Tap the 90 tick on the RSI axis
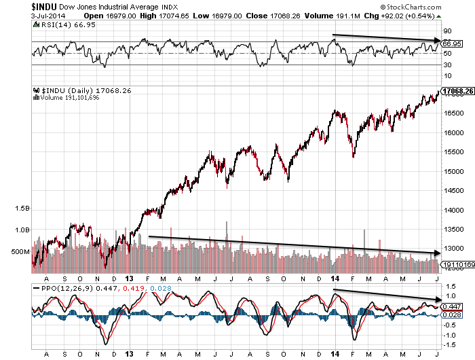pyautogui.click(x=448, y=31)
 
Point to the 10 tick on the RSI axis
pyautogui.click(x=448, y=75)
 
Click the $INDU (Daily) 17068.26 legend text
pyautogui.click(x=75, y=90)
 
